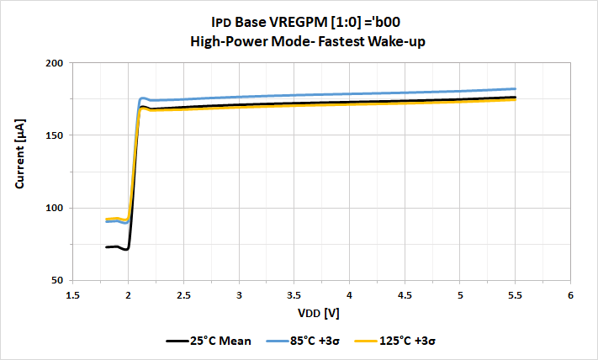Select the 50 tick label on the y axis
(57, 280)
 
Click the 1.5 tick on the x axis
(72, 295)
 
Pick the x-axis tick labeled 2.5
(183, 295)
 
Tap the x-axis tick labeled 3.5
(294, 295)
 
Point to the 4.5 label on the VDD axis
(405, 295)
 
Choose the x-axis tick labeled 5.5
(515, 295)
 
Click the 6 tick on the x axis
(570, 295)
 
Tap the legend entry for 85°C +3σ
(304, 341)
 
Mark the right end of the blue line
(515, 88)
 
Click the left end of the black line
(106, 246)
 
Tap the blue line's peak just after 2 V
(143, 98)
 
